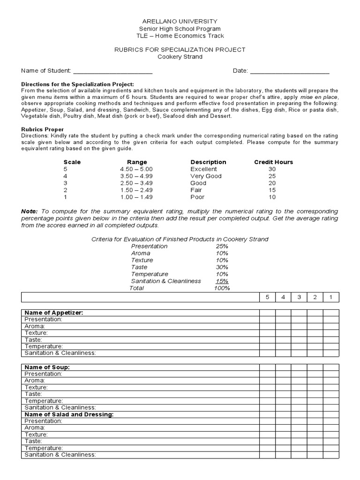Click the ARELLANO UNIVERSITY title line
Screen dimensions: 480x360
(180, 22)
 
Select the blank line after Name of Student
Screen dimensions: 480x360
(112, 71)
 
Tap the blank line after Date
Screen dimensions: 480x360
(289, 71)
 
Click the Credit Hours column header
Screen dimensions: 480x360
(273, 162)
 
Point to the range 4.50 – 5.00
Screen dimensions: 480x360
(136, 169)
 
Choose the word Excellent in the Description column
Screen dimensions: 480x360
(203, 169)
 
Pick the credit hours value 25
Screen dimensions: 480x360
(272, 176)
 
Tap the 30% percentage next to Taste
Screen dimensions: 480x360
(222, 267)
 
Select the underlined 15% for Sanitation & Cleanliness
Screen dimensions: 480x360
(222, 281)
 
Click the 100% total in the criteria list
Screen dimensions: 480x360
(222, 288)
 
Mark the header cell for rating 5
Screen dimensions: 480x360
(268, 297)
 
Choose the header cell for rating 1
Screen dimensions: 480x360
(330, 297)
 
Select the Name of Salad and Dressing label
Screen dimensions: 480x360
(69, 414)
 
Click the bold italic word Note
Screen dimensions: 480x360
(29, 211)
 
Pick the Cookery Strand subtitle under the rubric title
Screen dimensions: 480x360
(180, 57)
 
